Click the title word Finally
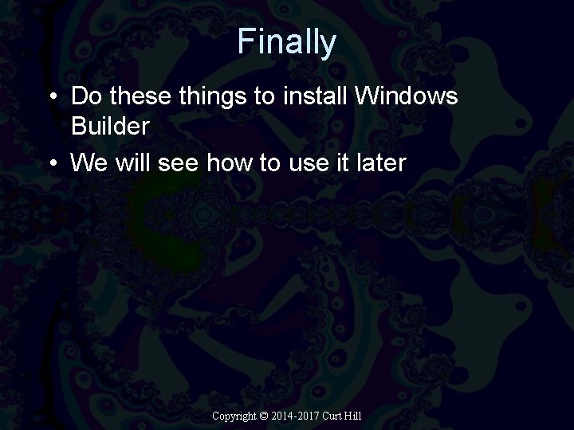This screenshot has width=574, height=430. [x=286, y=42]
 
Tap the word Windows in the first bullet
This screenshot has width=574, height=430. [x=407, y=96]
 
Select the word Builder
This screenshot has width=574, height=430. [x=110, y=125]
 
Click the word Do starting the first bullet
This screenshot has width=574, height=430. [x=87, y=96]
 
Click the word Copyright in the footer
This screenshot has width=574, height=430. [x=234, y=416]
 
